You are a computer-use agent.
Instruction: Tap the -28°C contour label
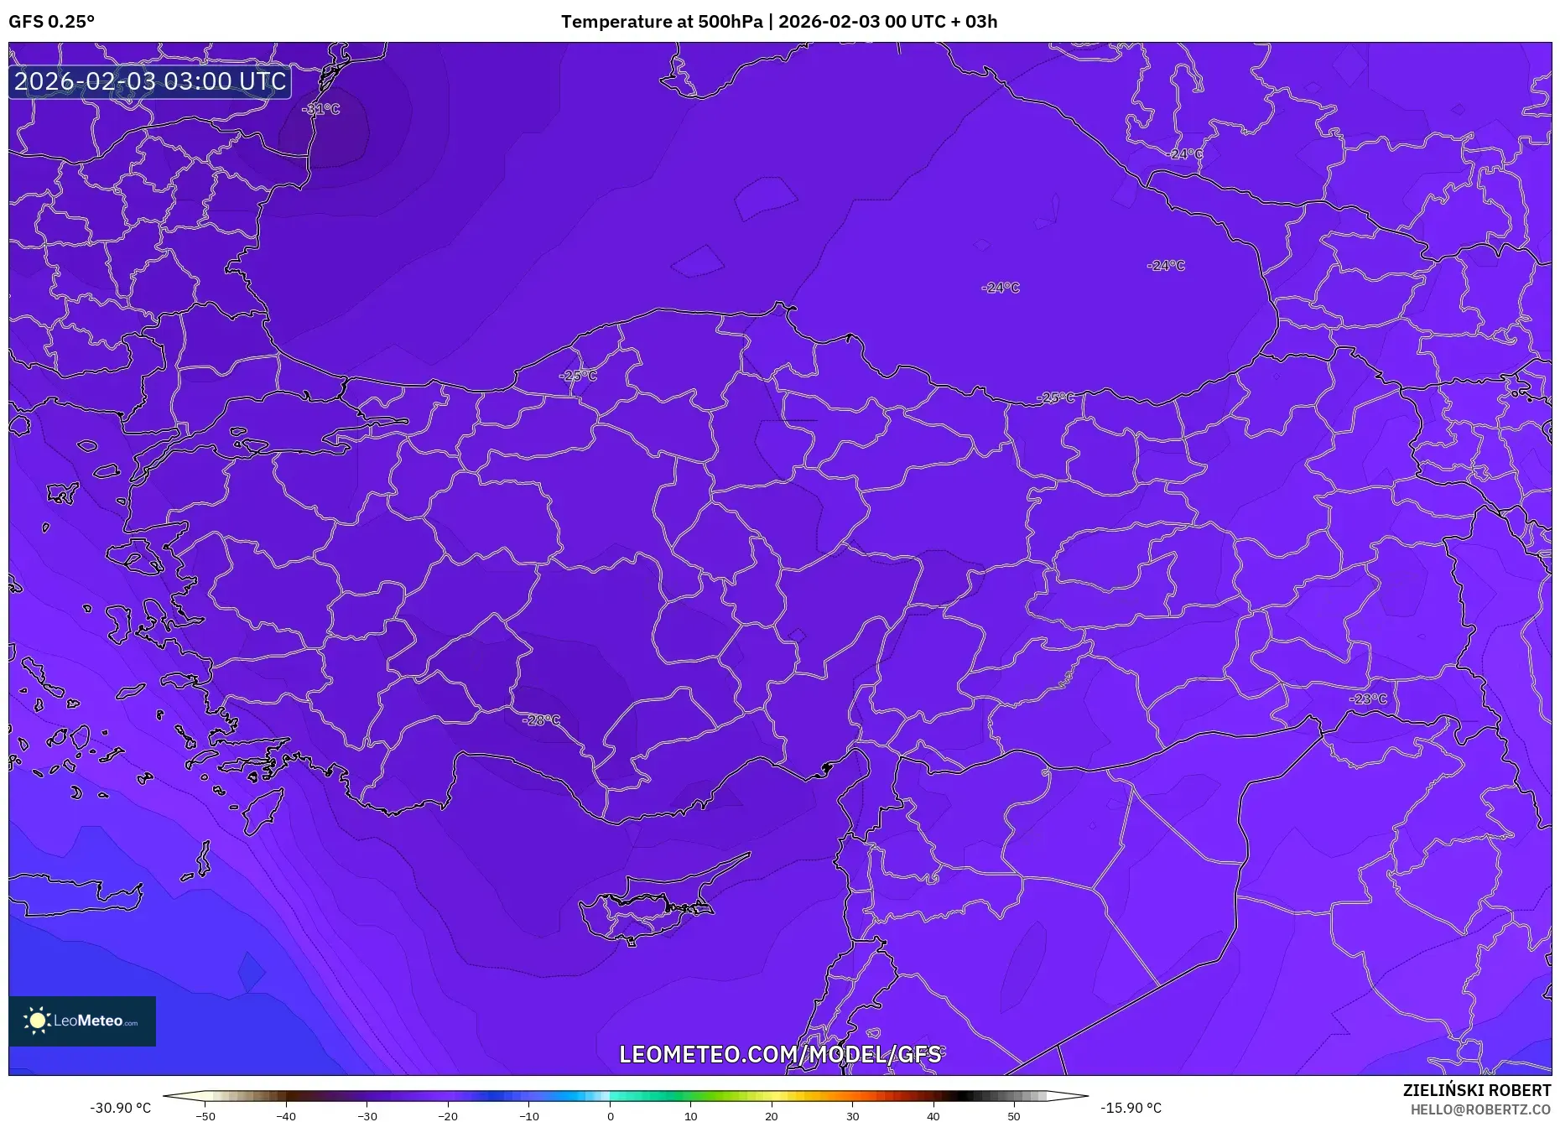541,720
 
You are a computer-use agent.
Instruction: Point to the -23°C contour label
1368,699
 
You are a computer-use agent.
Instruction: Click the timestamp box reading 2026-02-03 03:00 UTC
150,81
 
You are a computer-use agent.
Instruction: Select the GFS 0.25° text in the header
52,22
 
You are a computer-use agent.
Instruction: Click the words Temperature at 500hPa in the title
661,22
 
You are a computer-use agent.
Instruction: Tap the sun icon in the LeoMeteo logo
38,1021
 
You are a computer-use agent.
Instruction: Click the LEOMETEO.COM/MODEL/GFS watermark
780,1054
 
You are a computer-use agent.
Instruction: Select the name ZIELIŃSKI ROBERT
1476,1090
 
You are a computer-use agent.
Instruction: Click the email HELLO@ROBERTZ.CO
1480,1109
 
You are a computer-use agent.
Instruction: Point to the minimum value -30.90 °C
121,1108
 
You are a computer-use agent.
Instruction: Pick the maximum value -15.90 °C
1131,1108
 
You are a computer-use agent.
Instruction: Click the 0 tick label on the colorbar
610,1116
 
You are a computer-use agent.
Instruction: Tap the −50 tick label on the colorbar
205,1116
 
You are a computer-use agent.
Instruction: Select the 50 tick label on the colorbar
1014,1116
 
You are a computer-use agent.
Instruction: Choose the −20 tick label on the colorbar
447,1116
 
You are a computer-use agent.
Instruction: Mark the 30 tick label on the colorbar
852,1116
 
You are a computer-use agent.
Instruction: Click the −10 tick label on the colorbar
528,1116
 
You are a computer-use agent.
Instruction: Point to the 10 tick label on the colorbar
690,1116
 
